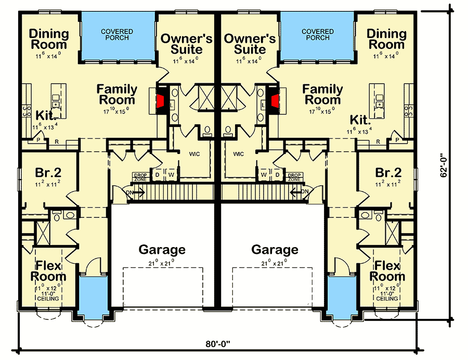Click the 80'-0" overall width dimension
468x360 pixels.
click(x=219, y=344)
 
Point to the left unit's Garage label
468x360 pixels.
click(x=162, y=250)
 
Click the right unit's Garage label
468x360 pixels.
click(x=275, y=250)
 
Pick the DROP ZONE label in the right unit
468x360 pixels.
click(x=295, y=177)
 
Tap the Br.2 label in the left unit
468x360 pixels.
click(x=47, y=173)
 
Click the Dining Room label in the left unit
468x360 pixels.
click(x=49, y=40)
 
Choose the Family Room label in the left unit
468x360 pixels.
click(x=117, y=95)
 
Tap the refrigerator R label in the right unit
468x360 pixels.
click(x=378, y=141)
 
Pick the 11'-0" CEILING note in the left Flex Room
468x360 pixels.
click(x=48, y=296)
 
